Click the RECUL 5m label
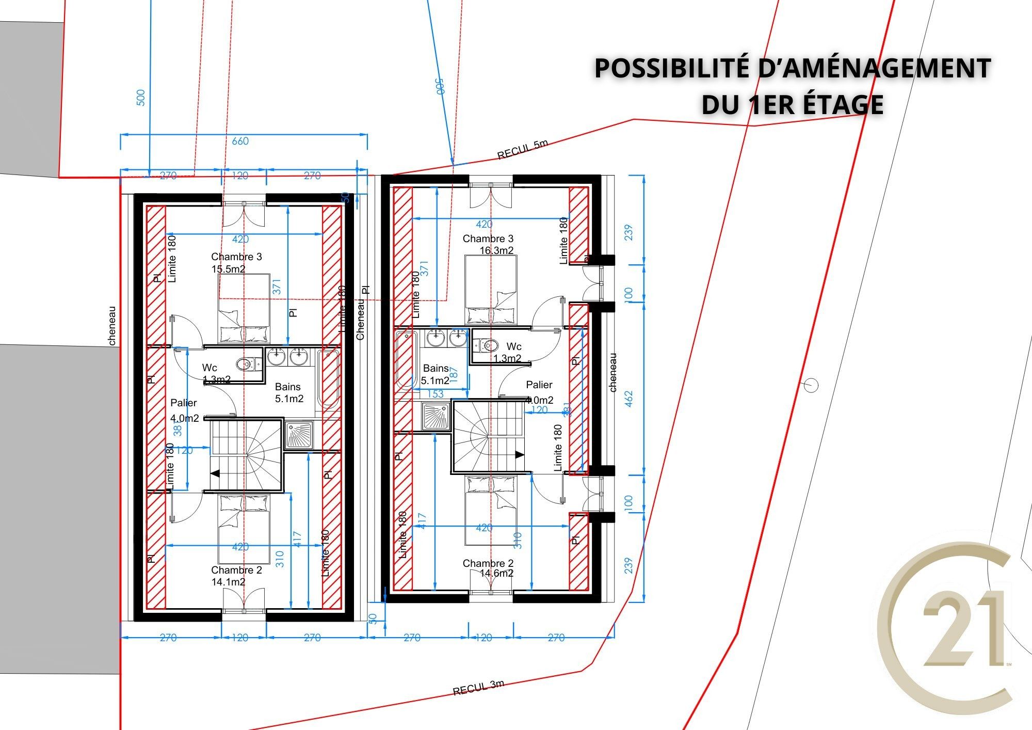(x=522, y=150)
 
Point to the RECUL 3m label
(x=478, y=688)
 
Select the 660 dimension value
(x=240, y=141)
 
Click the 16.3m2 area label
(x=496, y=250)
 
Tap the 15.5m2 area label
(x=228, y=268)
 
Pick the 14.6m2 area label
(x=496, y=574)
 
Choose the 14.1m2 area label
(x=228, y=582)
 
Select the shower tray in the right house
(x=436, y=416)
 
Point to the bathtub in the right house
(x=406, y=360)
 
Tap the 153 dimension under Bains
(x=436, y=394)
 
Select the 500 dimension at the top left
(x=141, y=98)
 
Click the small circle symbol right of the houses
(x=811, y=385)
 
